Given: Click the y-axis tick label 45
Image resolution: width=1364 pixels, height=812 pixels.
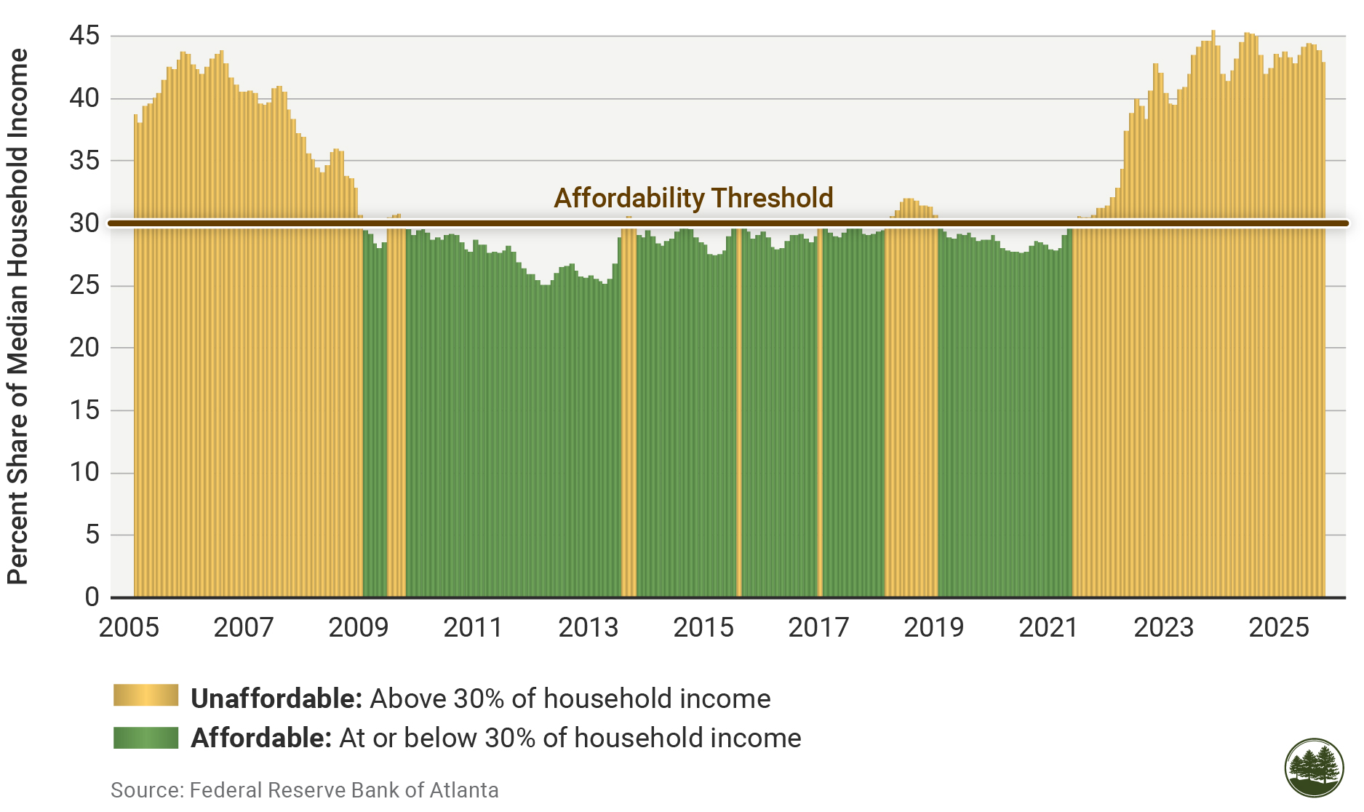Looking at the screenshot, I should (x=84, y=36).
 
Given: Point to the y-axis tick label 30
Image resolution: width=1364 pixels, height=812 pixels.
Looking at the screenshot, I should (x=84, y=223).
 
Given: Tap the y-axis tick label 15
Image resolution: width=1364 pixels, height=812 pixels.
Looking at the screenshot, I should (x=84, y=410).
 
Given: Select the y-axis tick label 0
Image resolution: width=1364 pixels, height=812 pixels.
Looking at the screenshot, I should (x=92, y=597).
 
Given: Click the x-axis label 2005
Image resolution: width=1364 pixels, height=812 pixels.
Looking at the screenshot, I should (x=129, y=627).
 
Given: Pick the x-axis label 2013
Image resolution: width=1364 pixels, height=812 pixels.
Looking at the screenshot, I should (x=588, y=627).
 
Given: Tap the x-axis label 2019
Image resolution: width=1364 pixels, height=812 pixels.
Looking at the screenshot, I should (x=933, y=627).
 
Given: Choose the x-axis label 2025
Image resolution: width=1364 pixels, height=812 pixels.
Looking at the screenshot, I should (x=1278, y=627).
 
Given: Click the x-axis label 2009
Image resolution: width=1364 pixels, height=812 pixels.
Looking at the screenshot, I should (x=358, y=627).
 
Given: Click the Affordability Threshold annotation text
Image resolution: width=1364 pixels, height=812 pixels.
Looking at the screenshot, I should (x=693, y=198).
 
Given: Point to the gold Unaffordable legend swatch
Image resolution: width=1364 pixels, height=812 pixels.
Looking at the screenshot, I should (x=145, y=696).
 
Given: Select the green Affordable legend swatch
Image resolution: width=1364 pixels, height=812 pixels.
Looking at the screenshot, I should (x=145, y=738).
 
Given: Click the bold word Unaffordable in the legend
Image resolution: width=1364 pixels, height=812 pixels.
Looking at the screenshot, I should (x=276, y=698).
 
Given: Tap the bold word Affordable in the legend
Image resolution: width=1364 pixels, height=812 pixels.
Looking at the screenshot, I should (x=261, y=738).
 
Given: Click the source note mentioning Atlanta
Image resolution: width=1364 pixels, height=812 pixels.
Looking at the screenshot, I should (x=304, y=790).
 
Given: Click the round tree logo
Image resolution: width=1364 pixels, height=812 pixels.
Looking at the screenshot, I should (x=1314, y=768).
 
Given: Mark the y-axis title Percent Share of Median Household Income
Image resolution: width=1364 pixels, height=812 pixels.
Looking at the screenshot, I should (x=17, y=317).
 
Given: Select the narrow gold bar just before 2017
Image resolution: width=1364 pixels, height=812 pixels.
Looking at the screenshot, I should (x=820, y=407).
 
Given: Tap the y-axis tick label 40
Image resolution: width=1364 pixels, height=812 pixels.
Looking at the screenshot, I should (x=84, y=98).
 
